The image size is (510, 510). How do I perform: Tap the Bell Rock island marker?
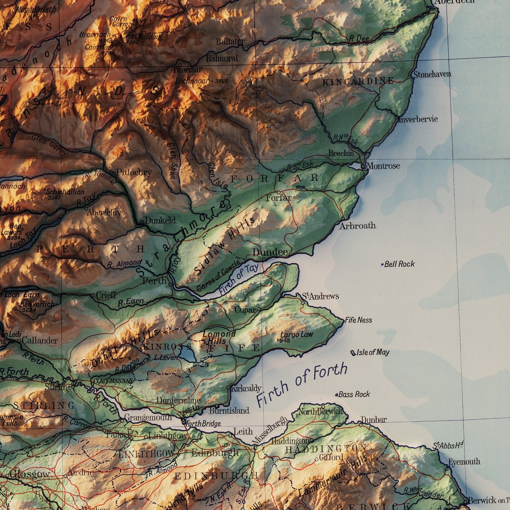pyautogui.click(x=382, y=264)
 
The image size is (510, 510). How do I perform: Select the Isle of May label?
pyautogui.click(x=373, y=352)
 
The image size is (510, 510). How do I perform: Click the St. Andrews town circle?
pyautogui.click(x=303, y=303)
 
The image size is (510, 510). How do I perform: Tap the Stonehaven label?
pyautogui.click(x=432, y=74)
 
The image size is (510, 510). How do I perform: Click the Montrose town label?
pyautogui.click(x=383, y=166)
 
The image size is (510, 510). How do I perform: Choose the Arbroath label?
pyautogui.click(x=358, y=226)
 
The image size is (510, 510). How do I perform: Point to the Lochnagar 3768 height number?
pyautogui.click(x=221, y=81)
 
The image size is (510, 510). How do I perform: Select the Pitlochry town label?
pyautogui.click(x=134, y=173)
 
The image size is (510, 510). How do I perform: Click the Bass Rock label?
pyautogui.click(x=354, y=394)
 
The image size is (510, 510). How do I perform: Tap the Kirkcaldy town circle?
pyautogui.click(x=228, y=388)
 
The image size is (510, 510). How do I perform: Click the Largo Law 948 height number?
pyautogui.click(x=285, y=340)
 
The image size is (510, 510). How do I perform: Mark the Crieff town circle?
pyautogui.click(x=93, y=295)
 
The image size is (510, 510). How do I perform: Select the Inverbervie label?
pyautogui.click(x=418, y=119)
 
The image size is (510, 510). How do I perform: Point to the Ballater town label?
pyautogui.click(x=230, y=42)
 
